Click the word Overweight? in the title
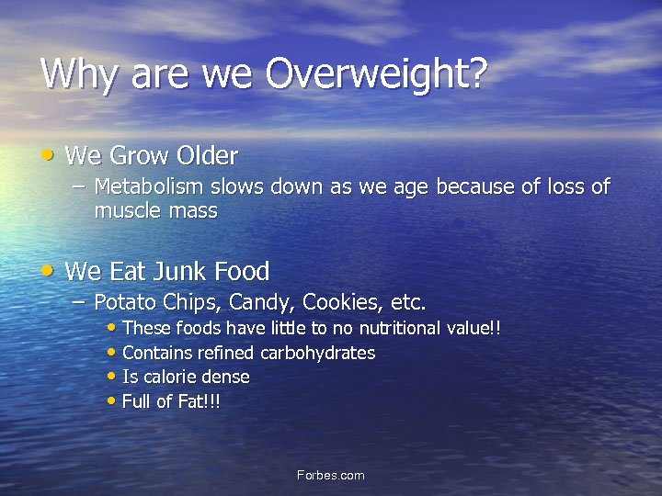pos(375,74)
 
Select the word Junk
pos(177,272)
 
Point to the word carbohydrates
pos(318,353)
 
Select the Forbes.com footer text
pos(330,475)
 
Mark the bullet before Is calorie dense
pos(112,377)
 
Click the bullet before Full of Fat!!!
pos(112,401)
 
